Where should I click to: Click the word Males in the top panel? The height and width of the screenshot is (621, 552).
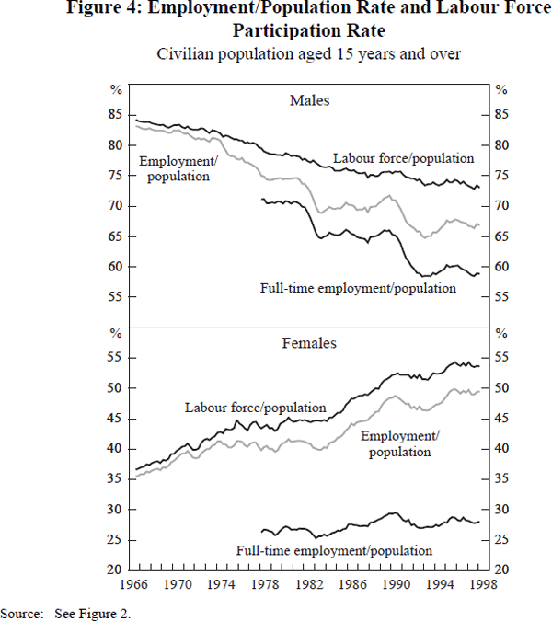tap(309, 99)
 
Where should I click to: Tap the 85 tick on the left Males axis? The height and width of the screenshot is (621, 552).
tap(116, 115)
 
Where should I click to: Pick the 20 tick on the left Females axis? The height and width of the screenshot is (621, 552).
tap(116, 569)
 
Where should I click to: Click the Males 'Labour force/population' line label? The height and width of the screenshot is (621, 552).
tap(403, 158)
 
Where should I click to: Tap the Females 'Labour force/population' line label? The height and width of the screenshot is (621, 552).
tap(255, 408)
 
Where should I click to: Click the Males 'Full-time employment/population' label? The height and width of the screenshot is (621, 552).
tap(359, 288)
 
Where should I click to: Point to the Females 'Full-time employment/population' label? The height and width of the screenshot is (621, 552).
tap(333, 550)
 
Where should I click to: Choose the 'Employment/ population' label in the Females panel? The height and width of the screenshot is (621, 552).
tap(399, 443)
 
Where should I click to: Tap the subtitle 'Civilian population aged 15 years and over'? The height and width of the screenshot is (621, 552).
tap(308, 53)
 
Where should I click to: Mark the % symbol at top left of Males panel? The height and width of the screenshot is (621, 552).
tap(116, 89)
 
